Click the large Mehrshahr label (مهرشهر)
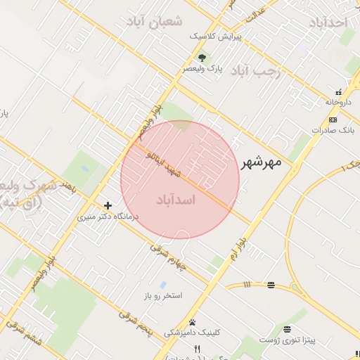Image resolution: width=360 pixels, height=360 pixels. click(261, 163)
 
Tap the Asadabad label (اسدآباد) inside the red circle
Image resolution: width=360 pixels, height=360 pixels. click(179, 200)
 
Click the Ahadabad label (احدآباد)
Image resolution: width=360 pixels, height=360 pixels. click(328, 22)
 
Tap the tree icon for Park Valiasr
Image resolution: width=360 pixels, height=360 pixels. click(202, 57)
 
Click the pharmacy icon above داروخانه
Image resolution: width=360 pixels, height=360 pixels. click(339, 91)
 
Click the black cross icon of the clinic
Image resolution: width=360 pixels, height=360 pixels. click(108, 205)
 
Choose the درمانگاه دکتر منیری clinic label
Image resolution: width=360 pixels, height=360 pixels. click(108, 217)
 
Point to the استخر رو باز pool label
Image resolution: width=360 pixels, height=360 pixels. click(162, 295)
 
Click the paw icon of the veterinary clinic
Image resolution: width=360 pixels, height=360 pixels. click(192, 321)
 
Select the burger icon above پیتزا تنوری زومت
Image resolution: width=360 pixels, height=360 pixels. click(287, 329)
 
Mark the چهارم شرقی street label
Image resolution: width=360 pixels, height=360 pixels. click(171, 258)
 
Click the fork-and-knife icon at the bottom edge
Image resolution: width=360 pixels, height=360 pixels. click(198, 349)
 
